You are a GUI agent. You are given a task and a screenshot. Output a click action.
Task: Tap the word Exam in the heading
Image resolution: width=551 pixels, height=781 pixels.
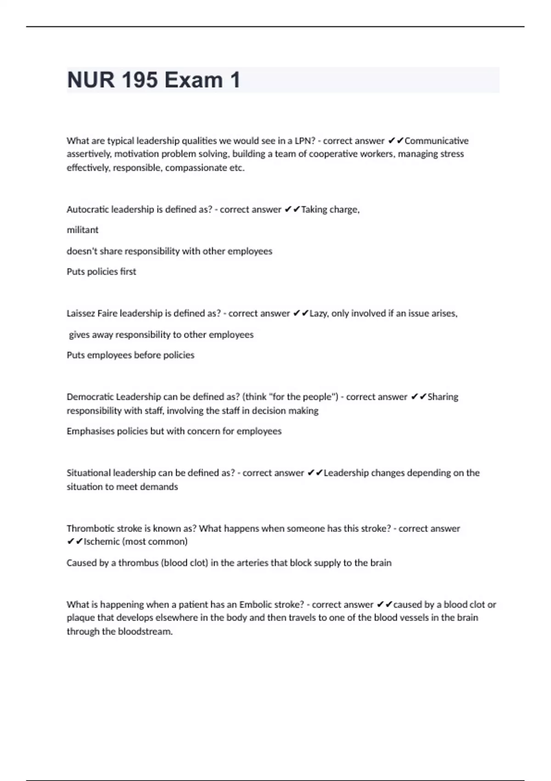pyautogui.click(x=193, y=80)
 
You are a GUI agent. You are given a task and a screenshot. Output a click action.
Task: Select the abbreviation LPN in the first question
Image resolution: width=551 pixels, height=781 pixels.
pyautogui.click(x=304, y=141)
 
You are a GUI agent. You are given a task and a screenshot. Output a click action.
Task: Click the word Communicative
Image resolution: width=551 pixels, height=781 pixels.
pyautogui.click(x=436, y=141)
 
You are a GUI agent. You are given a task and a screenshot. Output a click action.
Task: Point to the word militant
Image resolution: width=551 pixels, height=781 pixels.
pyautogui.click(x=83, y=230)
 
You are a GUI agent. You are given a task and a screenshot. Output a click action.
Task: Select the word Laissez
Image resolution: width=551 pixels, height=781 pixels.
pyautogui.click(x=81, y=313)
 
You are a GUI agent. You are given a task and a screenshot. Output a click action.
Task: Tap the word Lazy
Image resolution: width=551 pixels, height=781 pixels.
pyautogui.click(x=318, y=313)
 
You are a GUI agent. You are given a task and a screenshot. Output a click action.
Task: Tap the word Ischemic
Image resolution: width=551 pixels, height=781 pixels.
pyautogui.click(x=101, y=542)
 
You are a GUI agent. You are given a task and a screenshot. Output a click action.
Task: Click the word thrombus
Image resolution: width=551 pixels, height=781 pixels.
pyautogui.click(x=138, y=563)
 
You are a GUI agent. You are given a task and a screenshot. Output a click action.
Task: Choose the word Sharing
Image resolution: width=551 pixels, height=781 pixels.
pyautogui.click(x=443, y=397)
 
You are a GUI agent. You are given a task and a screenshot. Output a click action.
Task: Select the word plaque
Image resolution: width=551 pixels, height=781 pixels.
pyautogui.click(x=81, y=618)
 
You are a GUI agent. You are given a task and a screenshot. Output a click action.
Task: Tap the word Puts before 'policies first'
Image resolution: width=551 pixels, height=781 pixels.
pyautogui.click(x=76, y=272)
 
